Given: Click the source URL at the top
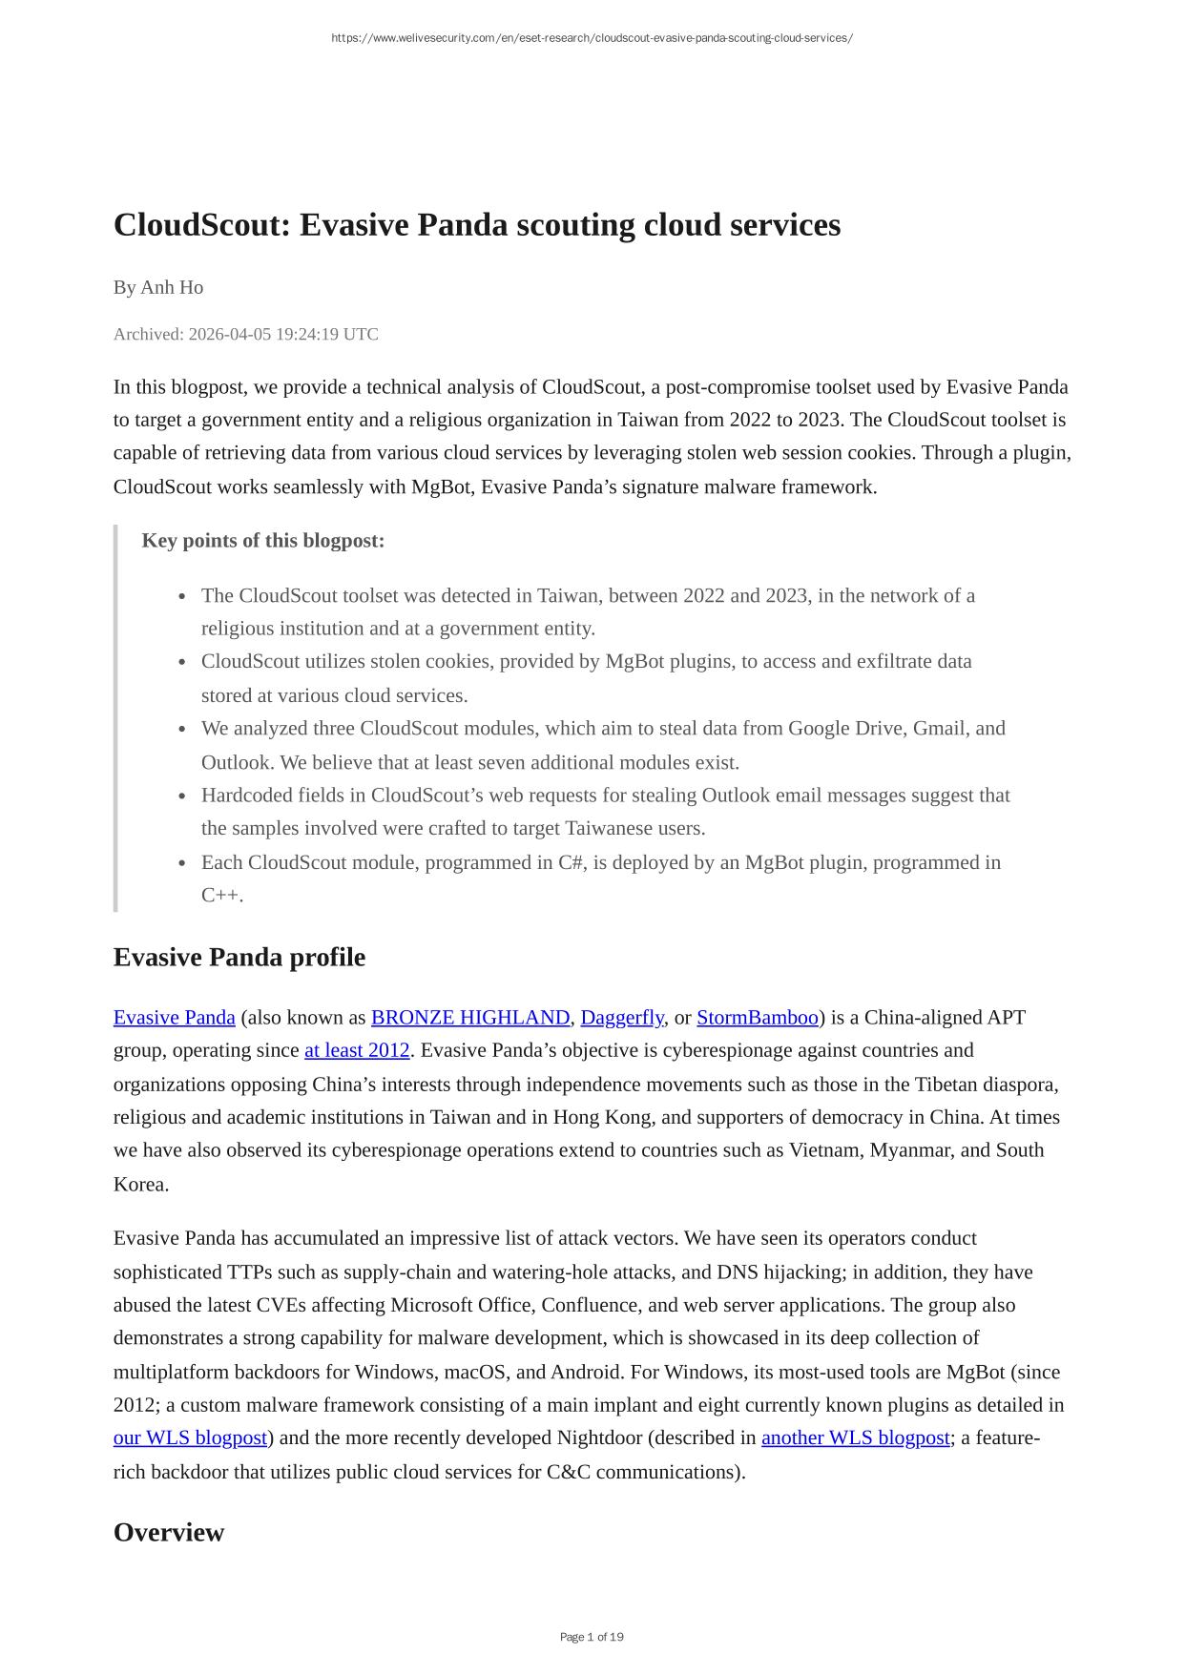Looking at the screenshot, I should [x=592, y=38].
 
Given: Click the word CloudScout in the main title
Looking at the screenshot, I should [x=201, y=226].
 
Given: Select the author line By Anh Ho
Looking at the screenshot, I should [x=158, y=287].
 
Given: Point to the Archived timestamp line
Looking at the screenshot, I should [x=245, y=334].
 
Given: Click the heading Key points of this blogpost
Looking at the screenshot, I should [x=263, y=541].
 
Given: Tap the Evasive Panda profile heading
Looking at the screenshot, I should [x=239, y=957].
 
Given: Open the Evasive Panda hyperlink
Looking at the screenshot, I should [x=174, y=1018].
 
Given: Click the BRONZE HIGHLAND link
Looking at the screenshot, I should [x=469, y=1018].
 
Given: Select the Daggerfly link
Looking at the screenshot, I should [x=621, y=1018].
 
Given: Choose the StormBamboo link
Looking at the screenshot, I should [x=758, y=1018].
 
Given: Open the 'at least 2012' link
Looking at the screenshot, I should [x=357, y=1050].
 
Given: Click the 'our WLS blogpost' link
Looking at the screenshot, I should [x=190, y=1438].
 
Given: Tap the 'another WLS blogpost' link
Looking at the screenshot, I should [x=855, y=1438].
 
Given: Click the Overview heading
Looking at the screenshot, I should [x=169, y=1532].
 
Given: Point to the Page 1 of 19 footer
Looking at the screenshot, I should [x=592, y=1637].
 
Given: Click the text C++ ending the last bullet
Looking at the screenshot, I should [x=220, y=896].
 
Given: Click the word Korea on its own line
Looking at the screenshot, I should [x=140, y=1185].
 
